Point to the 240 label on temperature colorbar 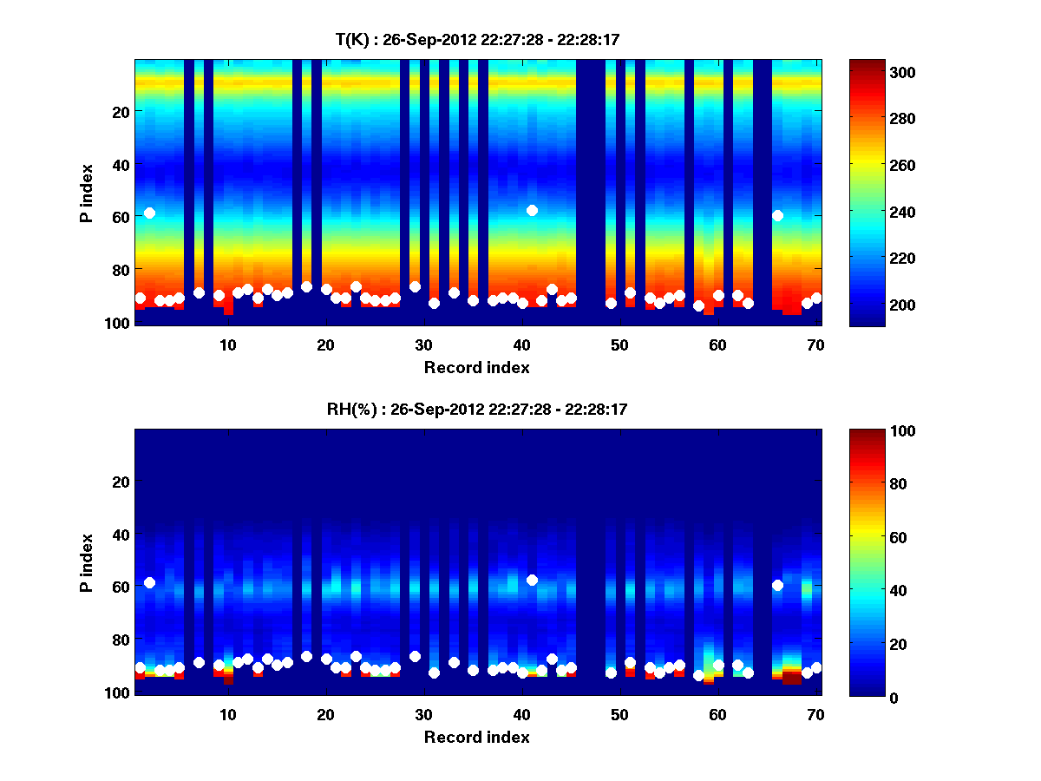872,212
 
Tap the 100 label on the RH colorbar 872,431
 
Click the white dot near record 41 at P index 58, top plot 532,210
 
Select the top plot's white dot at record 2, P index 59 149,213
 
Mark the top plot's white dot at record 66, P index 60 777,215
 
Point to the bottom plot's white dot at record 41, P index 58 532,580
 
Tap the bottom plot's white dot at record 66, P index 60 777,585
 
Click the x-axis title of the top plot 477,367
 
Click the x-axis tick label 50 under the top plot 619,345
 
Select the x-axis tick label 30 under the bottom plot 423,714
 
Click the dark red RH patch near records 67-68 791,678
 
